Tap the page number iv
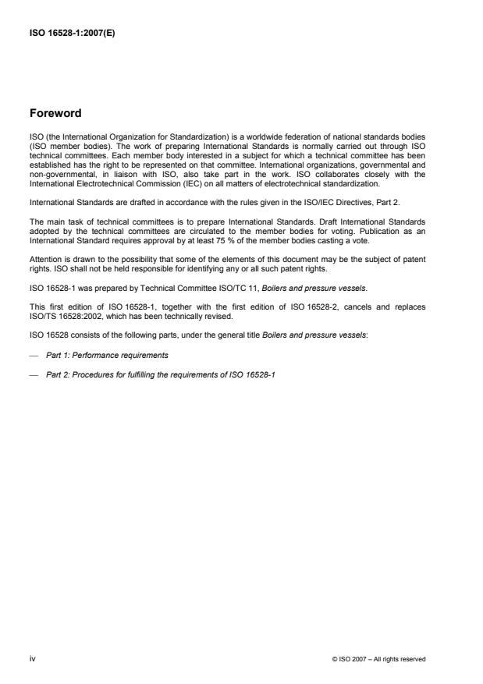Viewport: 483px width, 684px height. click(x=32, y=659)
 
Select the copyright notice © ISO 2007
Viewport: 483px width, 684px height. click(x=378, y=660)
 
